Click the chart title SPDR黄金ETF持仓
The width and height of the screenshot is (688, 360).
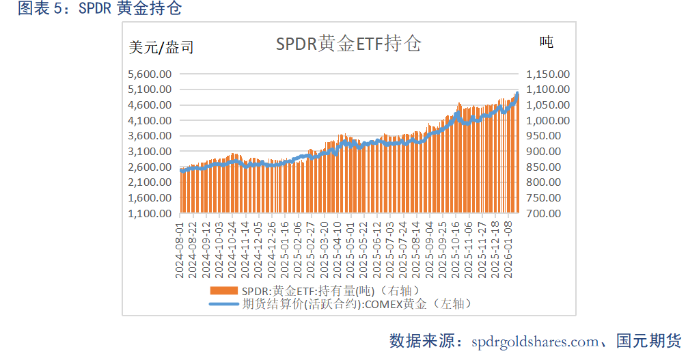348,44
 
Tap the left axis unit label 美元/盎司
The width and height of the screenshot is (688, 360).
161,48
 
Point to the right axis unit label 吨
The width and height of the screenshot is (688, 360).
546,42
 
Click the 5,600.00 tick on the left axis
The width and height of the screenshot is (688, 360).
150,74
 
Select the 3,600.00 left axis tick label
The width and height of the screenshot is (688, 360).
150,136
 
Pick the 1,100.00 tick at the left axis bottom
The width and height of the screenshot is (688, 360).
150,213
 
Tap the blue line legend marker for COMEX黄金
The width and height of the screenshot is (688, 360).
225,303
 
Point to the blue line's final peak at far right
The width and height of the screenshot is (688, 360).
517,94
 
